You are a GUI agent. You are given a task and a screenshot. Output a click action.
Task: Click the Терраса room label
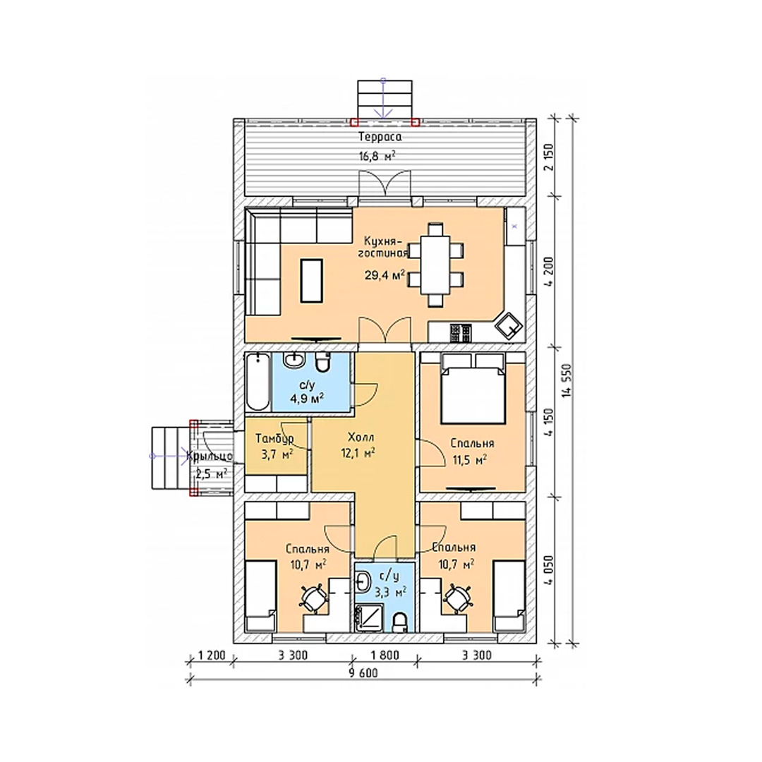(380, 137)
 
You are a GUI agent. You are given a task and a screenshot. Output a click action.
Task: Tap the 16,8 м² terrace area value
(377, 156)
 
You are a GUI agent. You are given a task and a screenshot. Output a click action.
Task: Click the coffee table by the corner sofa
(312, 281)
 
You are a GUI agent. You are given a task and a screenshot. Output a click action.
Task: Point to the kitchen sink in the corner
(509, 325)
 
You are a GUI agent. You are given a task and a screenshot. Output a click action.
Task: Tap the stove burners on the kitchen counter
(461, 333)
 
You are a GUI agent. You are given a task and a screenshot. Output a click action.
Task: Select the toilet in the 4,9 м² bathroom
(322, 361)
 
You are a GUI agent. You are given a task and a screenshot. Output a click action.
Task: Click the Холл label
(361, 437)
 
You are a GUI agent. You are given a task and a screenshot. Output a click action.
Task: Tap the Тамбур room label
(274, 439)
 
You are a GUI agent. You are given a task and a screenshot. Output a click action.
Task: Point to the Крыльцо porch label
(210, 456)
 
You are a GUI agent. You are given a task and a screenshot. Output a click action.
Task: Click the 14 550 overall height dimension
(565, 380)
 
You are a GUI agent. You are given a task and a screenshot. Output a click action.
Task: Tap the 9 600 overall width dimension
(363, 673)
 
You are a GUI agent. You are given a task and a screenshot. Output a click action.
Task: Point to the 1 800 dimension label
(385, 655)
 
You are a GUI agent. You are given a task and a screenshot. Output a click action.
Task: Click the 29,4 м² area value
(385, 276)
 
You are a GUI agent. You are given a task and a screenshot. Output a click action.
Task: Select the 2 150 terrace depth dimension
(549, 157)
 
